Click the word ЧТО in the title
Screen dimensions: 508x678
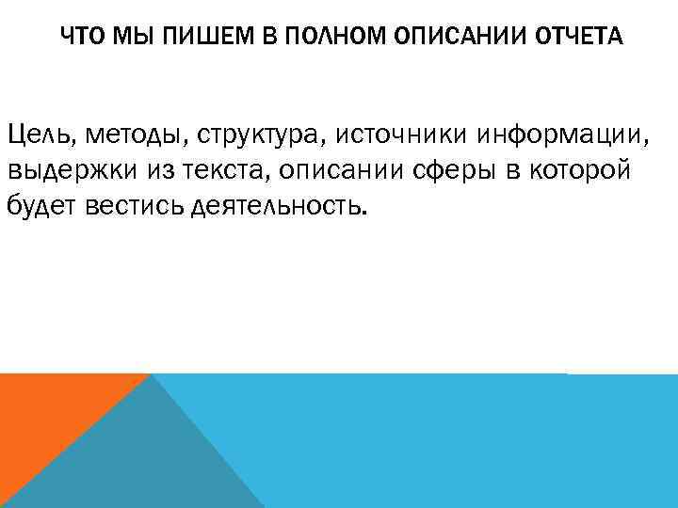click(x=80, y=38)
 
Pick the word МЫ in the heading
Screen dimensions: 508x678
click(x=121, y=38)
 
